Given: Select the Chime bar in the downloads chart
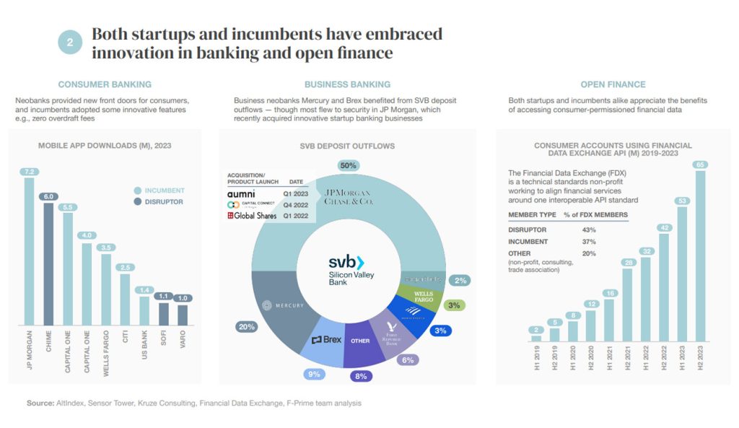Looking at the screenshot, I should [x=48, y=267].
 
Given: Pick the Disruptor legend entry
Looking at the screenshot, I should [x=163, y=202].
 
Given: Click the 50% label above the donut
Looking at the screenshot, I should [x=349, y=166].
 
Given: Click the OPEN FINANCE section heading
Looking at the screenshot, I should [x=613, y=84].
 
